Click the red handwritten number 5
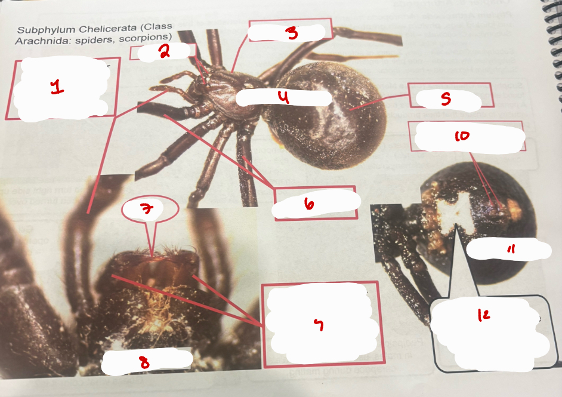446,100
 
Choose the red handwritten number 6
308,205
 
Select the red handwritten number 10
462,137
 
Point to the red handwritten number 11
511,251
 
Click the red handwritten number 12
484,317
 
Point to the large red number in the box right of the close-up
319,325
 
